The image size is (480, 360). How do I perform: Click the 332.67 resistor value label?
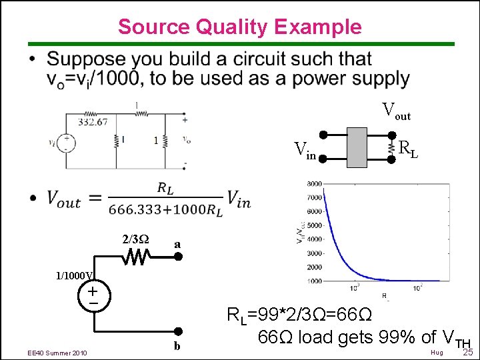[x=93, y=122]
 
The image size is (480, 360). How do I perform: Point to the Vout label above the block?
[x=396, y=111]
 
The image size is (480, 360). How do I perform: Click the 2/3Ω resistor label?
[x=135, y=239]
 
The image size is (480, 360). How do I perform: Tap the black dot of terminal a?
[x=178, y=257]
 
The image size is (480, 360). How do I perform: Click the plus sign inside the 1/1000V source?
[x=92, y=291]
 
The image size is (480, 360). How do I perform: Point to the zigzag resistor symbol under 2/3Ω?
[x=138, y=257]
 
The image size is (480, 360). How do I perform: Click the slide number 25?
[x=467, y=351]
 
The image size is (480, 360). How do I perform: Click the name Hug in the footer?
[x=437, y=352]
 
